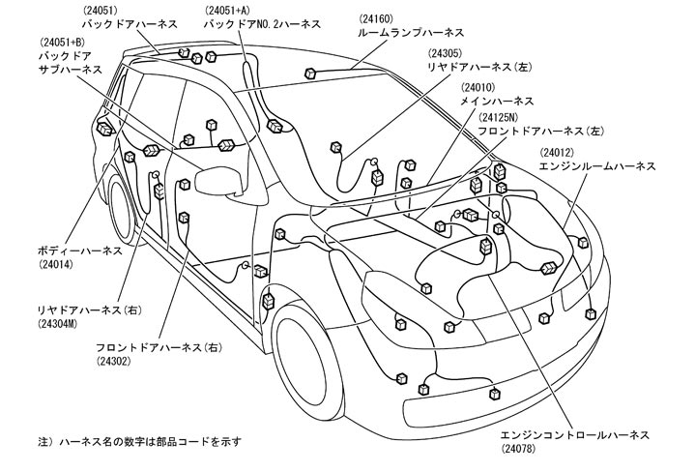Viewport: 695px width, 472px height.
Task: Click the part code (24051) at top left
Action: coord(102,9)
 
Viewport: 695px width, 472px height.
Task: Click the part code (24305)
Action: coord(451,53)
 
